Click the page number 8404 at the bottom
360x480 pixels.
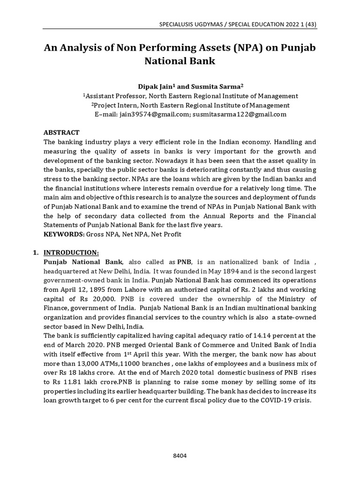180,443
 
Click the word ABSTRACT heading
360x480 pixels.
61,133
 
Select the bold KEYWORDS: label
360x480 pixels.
61,233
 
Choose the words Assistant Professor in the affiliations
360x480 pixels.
116,96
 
